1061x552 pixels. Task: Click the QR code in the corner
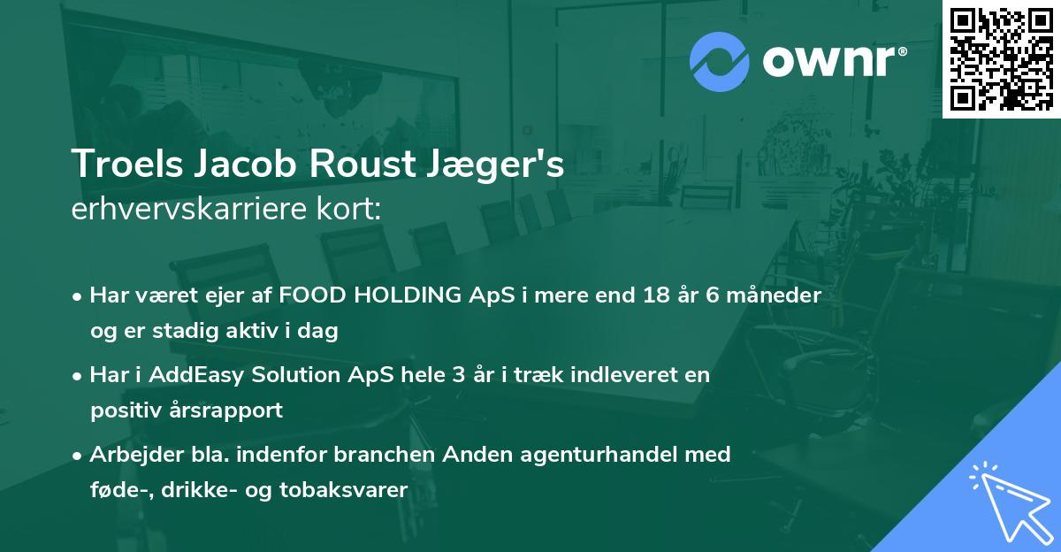tap(1001, 58)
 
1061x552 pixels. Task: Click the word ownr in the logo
tap(833, 62)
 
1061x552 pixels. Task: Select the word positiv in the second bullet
tap(123, 410)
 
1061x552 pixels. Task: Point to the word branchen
tap(370, 455)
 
